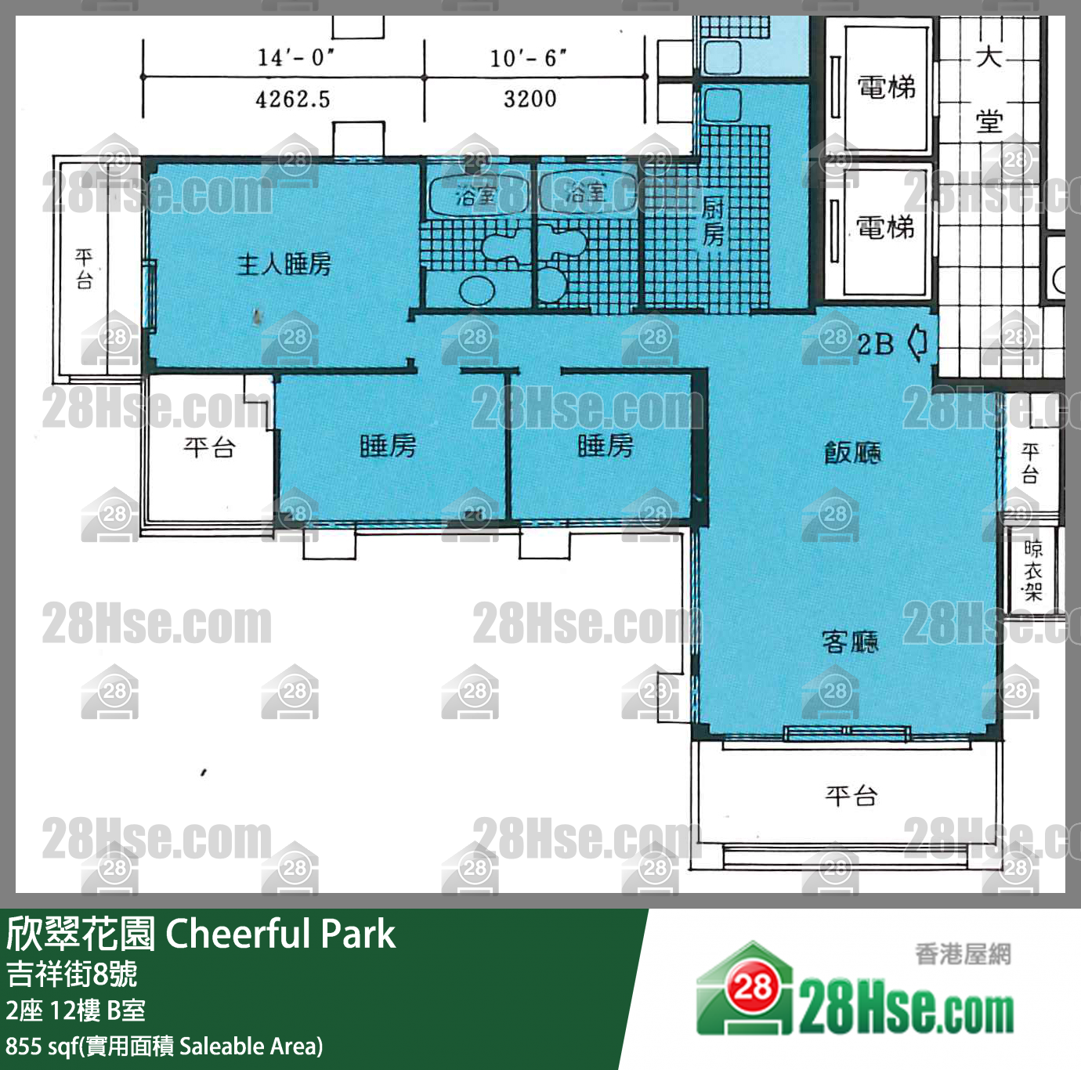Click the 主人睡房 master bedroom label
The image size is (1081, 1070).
point(284,265)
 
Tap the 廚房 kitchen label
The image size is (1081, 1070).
point(713,221)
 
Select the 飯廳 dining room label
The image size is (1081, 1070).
point(852,452)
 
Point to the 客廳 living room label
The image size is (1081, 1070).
point(851,642)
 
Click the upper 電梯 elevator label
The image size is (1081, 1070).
point(886,87)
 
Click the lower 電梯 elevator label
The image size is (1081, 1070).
point(886,228)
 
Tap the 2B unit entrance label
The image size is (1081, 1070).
point(875,344)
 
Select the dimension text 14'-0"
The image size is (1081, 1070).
point(295,57)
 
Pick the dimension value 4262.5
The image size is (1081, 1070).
point(293,99)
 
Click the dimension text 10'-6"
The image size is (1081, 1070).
point(528,58)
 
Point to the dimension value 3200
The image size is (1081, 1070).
point(530,99)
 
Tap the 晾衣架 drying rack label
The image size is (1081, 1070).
point(1033,571)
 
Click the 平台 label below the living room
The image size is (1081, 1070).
point(851,797)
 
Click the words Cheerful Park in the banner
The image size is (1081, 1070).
point(280,934)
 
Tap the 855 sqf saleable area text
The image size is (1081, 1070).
point(164,1047)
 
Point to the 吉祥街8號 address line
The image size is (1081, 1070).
point(72,974)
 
